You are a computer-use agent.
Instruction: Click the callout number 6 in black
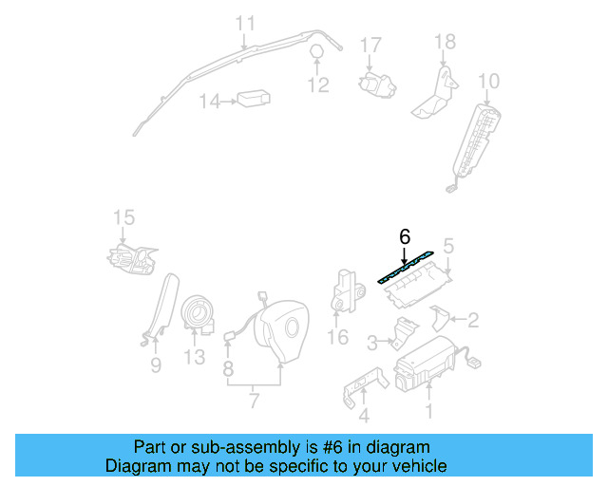click(404, 236)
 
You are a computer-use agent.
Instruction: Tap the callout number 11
click(245, 22)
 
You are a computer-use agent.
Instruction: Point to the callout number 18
click(445, 42)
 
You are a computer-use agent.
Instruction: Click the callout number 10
click(488, 80)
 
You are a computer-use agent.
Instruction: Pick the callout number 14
click(208, 102)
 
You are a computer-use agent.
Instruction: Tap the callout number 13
click(194, 357)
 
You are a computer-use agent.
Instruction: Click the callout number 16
click(338, 337)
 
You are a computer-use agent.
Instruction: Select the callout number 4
click(363, 415)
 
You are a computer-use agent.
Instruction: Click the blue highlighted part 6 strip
click(408, 268)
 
